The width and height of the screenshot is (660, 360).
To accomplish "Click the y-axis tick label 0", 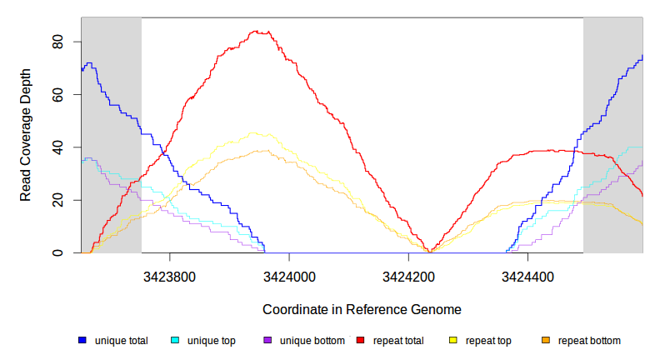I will (x=58, y=252).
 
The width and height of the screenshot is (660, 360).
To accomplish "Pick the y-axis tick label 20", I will (x=58, y=200).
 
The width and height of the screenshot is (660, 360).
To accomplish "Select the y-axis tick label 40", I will (x=58, y=147).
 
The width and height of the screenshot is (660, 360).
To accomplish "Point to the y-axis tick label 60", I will (x=58, y=94).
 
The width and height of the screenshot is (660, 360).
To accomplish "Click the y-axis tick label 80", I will (x=58, y=42).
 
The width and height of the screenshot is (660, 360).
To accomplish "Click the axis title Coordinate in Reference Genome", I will (x=362, y=309).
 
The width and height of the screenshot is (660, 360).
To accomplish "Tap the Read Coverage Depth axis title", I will (x=26, y=135).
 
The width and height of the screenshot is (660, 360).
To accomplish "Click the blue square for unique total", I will (x=82, y=341).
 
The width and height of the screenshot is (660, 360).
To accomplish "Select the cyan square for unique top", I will (x=175, y=341).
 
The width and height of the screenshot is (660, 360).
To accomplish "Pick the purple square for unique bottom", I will (x=267, y=341).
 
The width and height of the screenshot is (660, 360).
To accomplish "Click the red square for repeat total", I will (x=361, y=341).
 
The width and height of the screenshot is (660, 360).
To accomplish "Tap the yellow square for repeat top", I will (x=453, y=341).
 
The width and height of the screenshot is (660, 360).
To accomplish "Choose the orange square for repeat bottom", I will (x=546, y=341).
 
